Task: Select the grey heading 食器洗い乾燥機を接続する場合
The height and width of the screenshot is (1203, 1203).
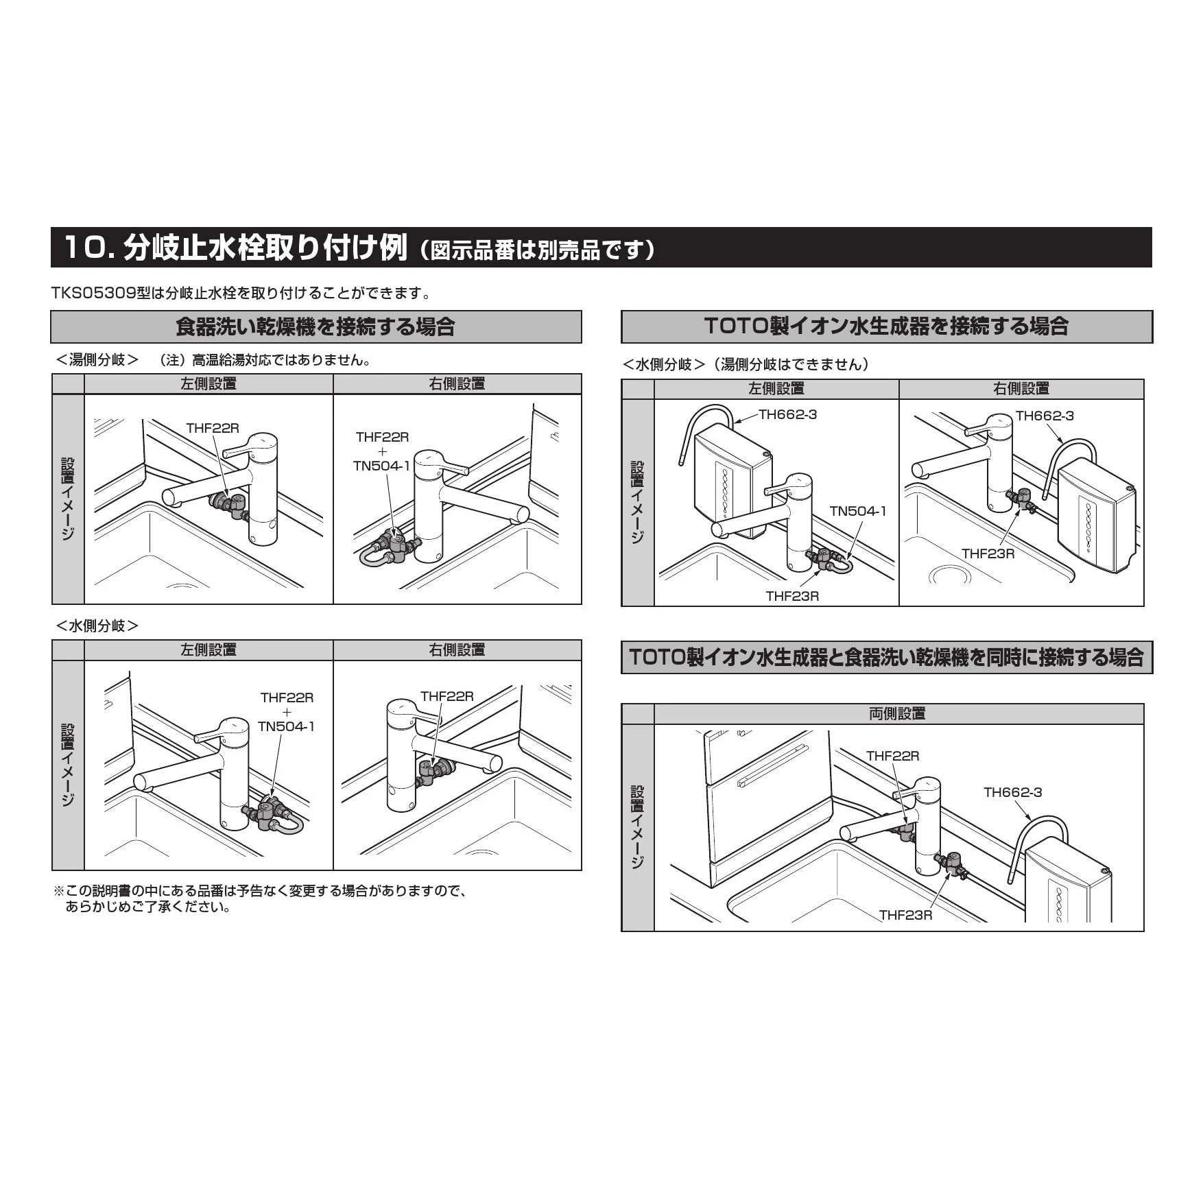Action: [x=315, y=326]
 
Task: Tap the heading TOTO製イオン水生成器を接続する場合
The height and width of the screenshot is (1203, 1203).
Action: [x=886, y=326]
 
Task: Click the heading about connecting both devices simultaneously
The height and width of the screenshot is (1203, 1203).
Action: [x=886, y=657]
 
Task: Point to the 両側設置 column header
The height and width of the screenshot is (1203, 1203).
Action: [x=897, y=714]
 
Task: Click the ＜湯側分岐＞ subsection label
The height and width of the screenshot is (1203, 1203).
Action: [x=97, y=360]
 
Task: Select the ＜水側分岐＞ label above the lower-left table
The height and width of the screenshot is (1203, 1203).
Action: [x=97, y=626]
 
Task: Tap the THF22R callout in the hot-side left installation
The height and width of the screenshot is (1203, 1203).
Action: [x=213, y=428]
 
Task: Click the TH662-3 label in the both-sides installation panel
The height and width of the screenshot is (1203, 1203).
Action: [x=1012, y=792]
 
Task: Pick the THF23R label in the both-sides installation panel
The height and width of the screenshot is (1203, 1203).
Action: [x=906, y=915]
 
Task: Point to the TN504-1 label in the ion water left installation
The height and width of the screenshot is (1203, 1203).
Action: [x=858, y=511]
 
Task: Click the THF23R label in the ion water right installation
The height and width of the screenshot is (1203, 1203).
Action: [x=988, y=553]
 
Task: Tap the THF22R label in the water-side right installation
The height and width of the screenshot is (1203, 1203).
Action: [x=447, y=696]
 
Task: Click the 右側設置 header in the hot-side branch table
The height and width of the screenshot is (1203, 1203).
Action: [x=457, y=384]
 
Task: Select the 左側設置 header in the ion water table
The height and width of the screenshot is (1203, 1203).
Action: [x=776, y=389]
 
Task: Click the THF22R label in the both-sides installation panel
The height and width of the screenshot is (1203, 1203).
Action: [x=892, y=756]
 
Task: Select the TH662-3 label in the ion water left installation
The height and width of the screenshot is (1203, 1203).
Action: [x=788, y=414]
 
